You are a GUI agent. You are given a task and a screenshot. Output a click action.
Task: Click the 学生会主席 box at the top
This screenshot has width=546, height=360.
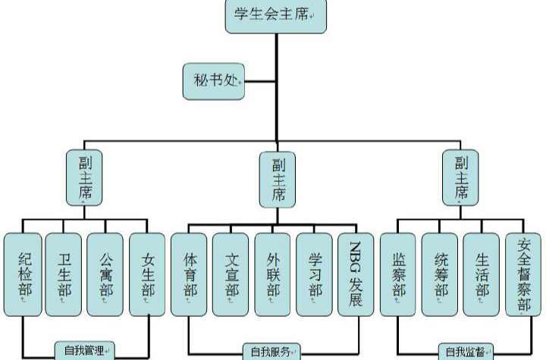275,16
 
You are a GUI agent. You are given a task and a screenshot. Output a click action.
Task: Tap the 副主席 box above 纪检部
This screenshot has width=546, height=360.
84,177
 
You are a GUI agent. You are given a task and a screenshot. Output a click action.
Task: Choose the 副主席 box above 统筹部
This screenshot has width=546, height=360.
461,177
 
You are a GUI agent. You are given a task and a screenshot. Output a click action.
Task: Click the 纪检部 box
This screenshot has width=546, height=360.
23,274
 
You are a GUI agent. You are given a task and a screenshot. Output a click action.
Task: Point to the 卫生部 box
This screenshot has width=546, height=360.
64,274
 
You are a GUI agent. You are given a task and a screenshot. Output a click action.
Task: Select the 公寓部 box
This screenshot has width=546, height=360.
105,274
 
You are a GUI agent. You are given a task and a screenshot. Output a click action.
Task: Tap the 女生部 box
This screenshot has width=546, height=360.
147,274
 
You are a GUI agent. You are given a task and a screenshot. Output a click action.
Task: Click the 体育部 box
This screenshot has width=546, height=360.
190,274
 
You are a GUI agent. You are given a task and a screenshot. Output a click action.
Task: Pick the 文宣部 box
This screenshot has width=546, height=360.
231,274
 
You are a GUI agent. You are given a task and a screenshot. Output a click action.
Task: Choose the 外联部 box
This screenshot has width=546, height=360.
273,274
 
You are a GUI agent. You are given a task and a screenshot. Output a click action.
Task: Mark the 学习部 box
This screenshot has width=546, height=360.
315,274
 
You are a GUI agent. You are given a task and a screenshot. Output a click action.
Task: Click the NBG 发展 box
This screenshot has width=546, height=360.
356,274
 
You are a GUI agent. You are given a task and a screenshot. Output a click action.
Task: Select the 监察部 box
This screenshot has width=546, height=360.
399,274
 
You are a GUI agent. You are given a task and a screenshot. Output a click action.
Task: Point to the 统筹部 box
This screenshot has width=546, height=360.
441,274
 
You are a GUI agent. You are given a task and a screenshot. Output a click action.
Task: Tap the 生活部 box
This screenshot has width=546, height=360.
482,274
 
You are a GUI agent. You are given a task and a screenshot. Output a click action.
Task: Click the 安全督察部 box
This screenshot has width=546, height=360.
524,274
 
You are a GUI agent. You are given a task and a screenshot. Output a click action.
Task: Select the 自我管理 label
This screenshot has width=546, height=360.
84,350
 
